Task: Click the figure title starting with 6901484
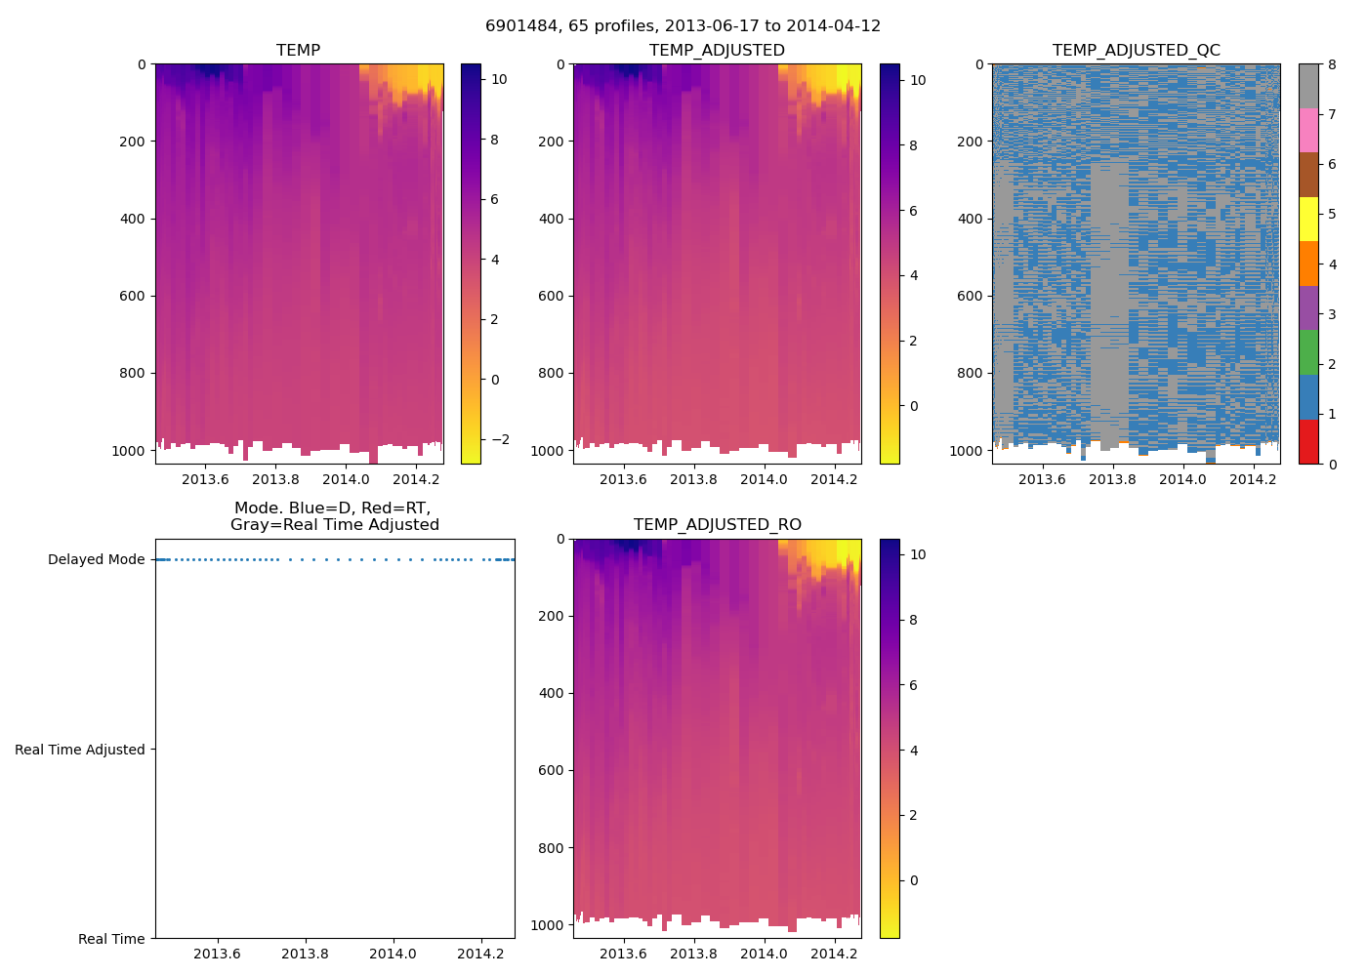(683, 25)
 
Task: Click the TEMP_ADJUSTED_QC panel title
(1136, 50)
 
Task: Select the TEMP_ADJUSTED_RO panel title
(717, 524)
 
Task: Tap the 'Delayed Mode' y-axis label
(96, 559)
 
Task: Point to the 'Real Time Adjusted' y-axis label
(79, 750)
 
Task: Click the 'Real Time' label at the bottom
(111, 939)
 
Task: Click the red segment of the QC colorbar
(1308, 441)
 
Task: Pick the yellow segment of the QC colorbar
(1308, 219)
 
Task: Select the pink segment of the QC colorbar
(1308, 130)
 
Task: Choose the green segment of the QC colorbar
(1308, 352)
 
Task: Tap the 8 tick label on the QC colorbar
(1332, 64)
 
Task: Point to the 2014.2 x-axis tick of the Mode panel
(480, 954)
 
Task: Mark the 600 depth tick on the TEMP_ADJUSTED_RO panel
(552, 770)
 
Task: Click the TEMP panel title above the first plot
(298, 50)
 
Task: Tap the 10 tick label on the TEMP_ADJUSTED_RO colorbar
(918, 554)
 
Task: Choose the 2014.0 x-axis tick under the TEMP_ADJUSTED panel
(764, 479)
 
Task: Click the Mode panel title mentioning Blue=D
(334, 516)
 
